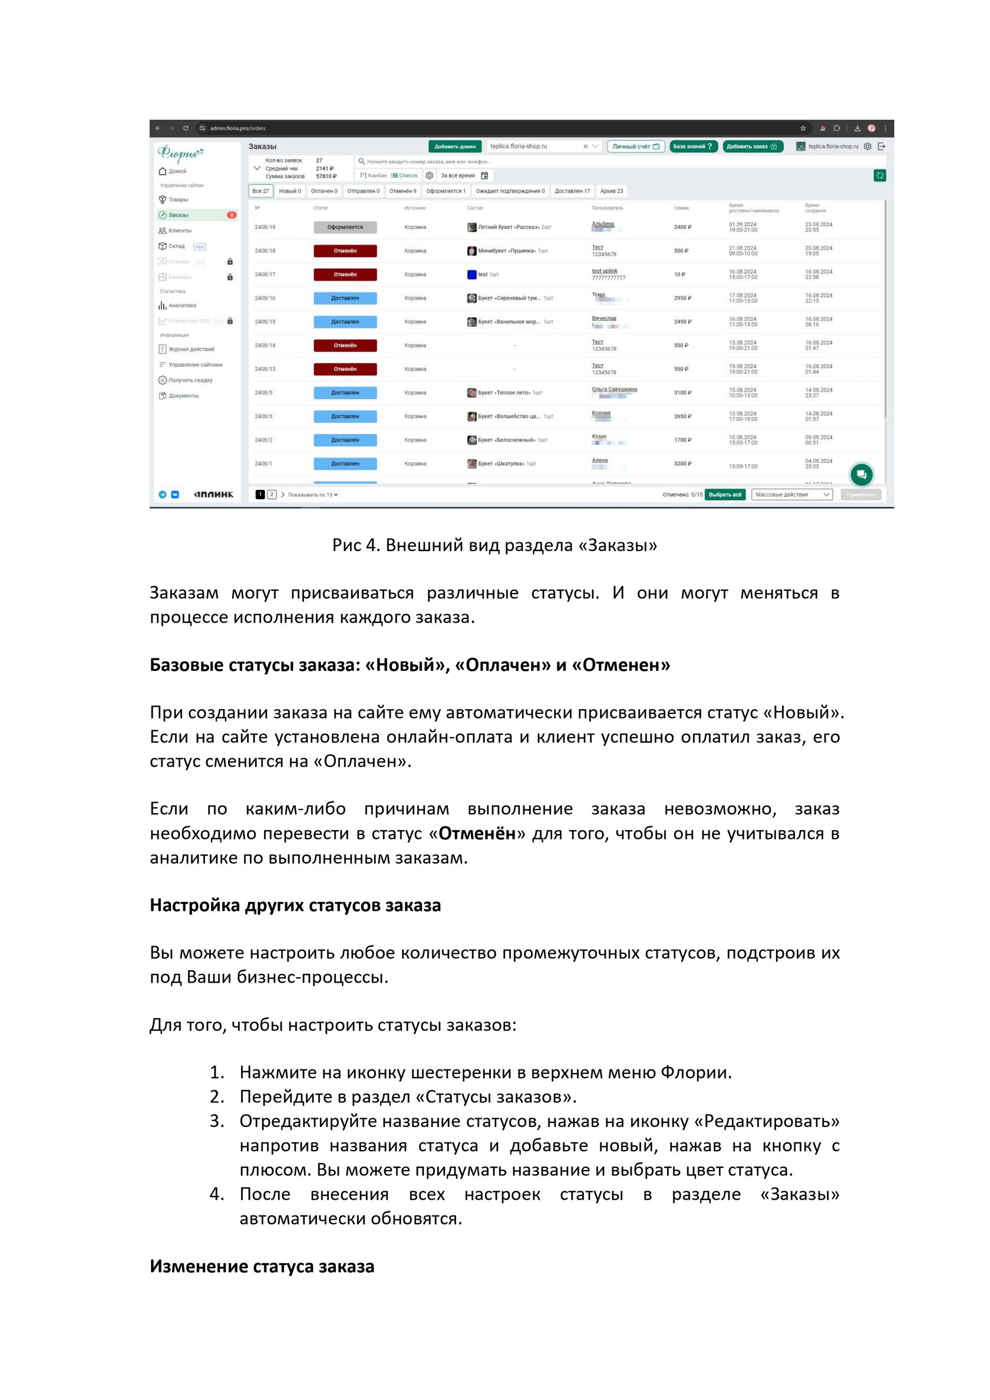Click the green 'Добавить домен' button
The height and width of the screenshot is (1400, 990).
[455, 146]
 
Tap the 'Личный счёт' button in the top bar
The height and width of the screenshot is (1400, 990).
[636, 146]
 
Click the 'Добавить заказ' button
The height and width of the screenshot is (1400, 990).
[752, 146]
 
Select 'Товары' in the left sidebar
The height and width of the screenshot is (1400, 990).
[177, 199]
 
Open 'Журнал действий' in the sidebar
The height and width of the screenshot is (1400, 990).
[191, 350]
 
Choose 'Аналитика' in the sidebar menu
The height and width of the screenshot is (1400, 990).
[181, 305]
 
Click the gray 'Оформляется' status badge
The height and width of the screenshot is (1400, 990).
[345, 228]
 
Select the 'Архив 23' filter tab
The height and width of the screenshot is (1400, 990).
[612, 192]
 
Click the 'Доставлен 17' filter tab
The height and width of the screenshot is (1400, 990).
[572, 192]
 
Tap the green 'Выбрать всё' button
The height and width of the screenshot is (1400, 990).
[725, 495]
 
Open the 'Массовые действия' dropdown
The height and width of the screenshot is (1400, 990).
[792, 495]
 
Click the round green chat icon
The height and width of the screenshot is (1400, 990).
[862, 475]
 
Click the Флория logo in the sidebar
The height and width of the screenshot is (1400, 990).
[180, 153]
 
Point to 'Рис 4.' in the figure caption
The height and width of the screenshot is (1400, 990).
[356, 545]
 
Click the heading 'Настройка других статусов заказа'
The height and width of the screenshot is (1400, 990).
[295, 905]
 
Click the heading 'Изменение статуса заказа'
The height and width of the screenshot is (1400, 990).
[262, 1266]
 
